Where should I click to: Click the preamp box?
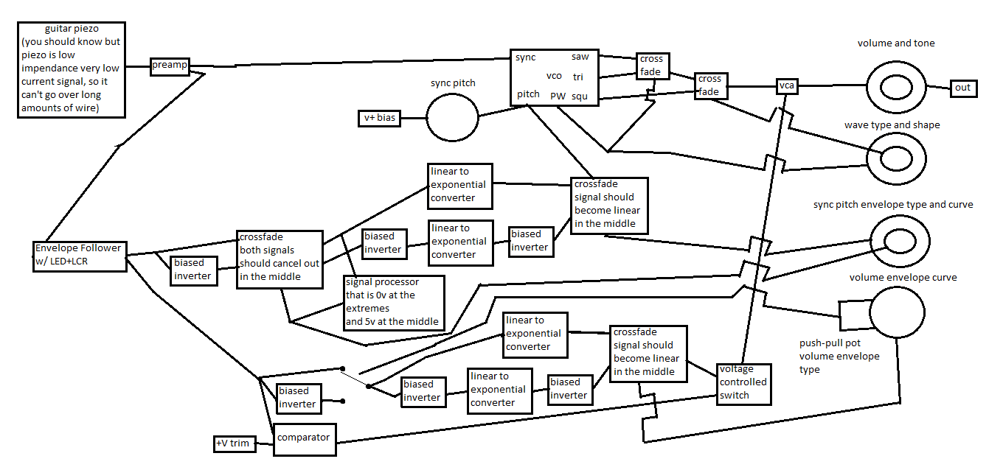[x=169, y=66]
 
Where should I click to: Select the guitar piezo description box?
[x=72, y=69]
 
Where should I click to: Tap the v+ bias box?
[x=379, y=118]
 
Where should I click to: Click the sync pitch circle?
[x=452, y=117]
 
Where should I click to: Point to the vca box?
[x=787, y=86]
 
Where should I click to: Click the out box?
[x=963, y=88]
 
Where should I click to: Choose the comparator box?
[x=304, y=438]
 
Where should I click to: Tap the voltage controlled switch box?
[x=743, y=383]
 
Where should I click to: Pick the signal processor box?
[x=394, y=301]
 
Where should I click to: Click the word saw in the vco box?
[x=580, y=57]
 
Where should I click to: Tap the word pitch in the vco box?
[x=527, y=94]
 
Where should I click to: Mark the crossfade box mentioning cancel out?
[x=279, y=259]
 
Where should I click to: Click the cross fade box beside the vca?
[x=709, y=85]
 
